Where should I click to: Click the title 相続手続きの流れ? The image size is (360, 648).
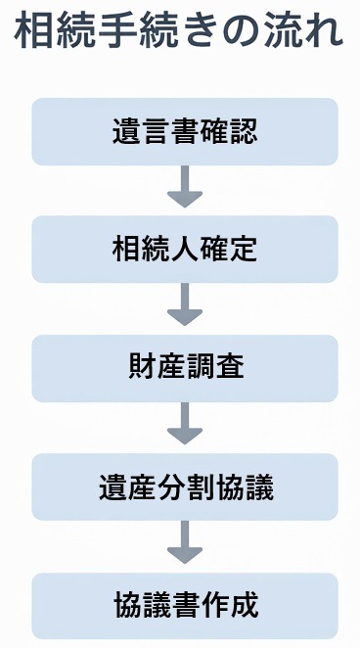[x=180, y=33]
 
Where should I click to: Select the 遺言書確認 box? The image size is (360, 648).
[x=184, y=131]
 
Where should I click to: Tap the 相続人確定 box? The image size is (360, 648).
[x=184, y=250]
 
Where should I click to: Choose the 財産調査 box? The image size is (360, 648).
[x=184, y=368]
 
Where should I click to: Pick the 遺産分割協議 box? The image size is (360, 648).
[x=184, y=486]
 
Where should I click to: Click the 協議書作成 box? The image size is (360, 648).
[x=184, y=605]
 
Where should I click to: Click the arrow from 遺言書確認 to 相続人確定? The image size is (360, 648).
[x=184, y=188]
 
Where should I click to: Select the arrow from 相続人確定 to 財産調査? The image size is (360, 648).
[x=184, y=306]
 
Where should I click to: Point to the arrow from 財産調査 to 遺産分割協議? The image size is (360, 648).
[x=184, y=425]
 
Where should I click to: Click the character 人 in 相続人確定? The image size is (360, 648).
[x=184, y=250]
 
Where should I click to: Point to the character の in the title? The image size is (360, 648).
[x=226, y=33]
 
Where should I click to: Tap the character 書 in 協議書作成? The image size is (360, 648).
[x=184, y=605]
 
